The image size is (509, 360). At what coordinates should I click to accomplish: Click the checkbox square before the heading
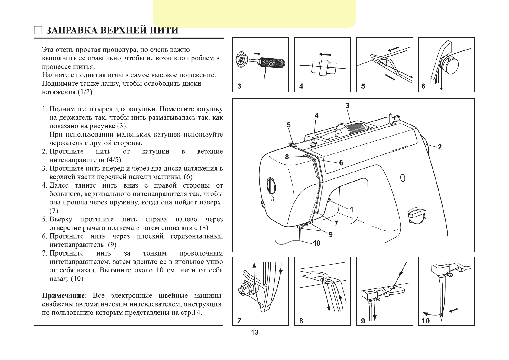point(38,30)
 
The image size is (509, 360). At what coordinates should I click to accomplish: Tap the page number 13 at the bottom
point(254,333)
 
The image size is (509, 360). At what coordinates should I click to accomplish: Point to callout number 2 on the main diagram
point(440,147)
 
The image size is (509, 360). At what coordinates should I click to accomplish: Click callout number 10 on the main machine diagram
point(316,243)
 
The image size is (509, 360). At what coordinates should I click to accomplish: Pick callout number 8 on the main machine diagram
point(287,156)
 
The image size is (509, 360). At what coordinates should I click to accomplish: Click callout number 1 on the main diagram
point(352,209)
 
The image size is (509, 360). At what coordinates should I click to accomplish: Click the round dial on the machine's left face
point(271,186)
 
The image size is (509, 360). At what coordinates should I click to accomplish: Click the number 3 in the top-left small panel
point(239,86)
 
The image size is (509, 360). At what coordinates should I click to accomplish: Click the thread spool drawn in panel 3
point(272,63)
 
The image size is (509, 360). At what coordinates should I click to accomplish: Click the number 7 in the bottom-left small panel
point(239,321)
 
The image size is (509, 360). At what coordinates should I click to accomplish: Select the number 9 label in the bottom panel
point(363,321)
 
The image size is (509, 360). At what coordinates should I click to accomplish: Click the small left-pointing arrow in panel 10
point(453,310)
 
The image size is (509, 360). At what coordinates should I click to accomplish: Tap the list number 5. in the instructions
point(45,219)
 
